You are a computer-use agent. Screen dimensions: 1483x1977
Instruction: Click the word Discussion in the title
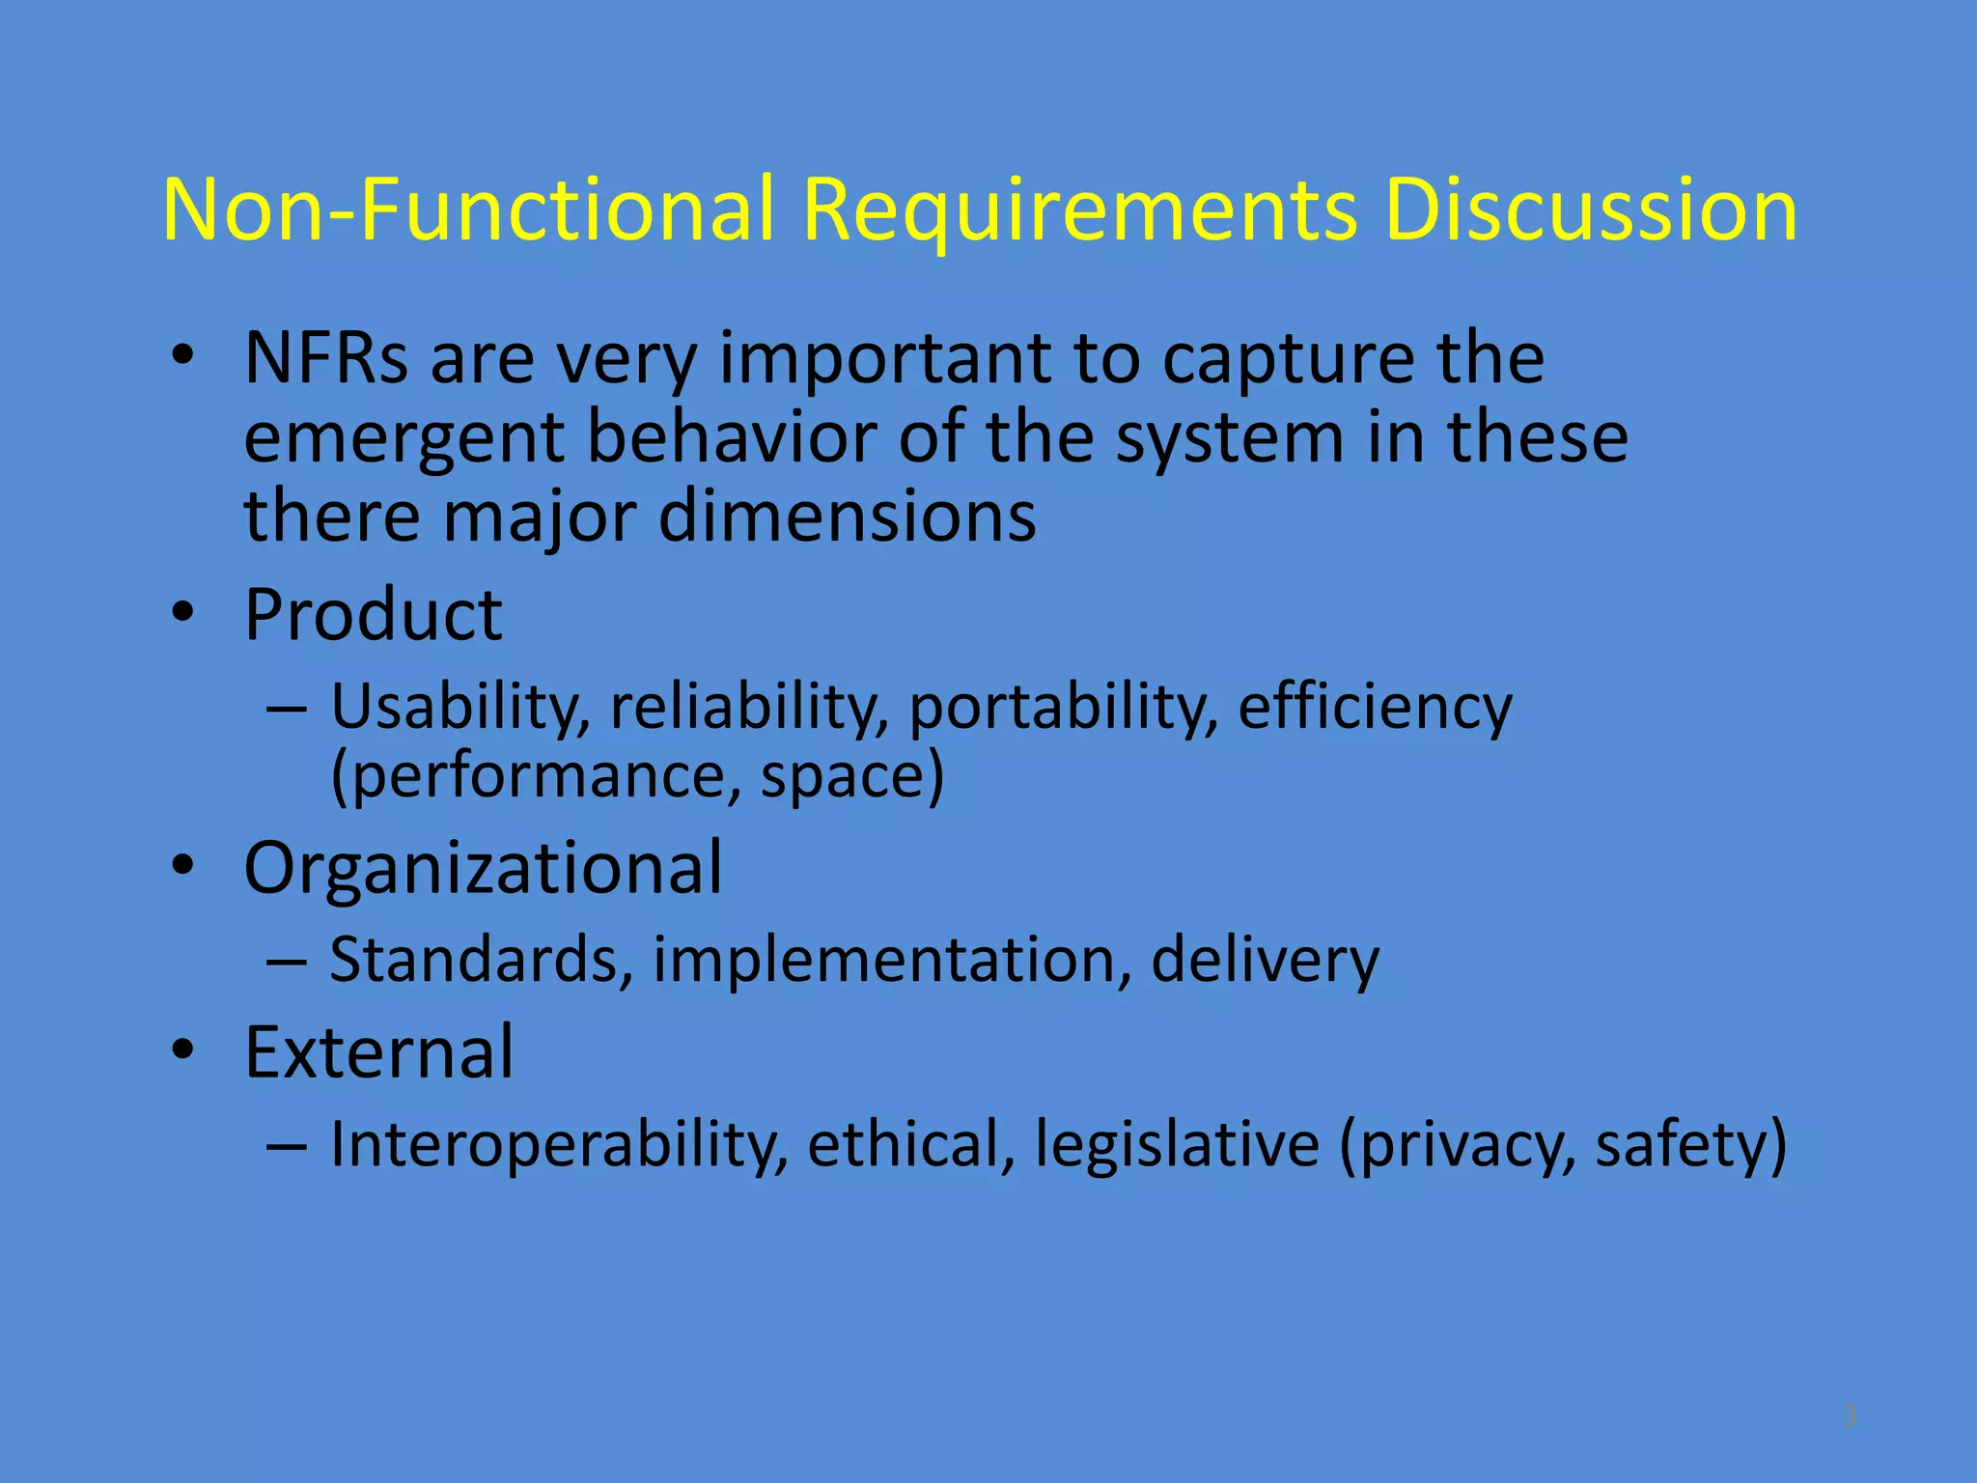click(1590, 210)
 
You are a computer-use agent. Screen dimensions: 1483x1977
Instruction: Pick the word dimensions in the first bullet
click(847, 517)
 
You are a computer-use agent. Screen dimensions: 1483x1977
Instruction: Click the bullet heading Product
click(374, 615)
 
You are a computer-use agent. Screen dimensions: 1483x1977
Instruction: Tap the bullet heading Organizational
click(483, 868)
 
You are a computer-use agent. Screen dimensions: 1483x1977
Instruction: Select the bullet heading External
click(378, 1051)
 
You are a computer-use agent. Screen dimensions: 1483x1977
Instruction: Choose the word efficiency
click(1375, 708)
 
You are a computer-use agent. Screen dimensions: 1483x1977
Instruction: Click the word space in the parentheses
click(842, 775)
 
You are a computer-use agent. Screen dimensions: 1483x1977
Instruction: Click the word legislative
click(1177, 1146)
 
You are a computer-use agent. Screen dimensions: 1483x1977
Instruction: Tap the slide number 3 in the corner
click(1849, 1415)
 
